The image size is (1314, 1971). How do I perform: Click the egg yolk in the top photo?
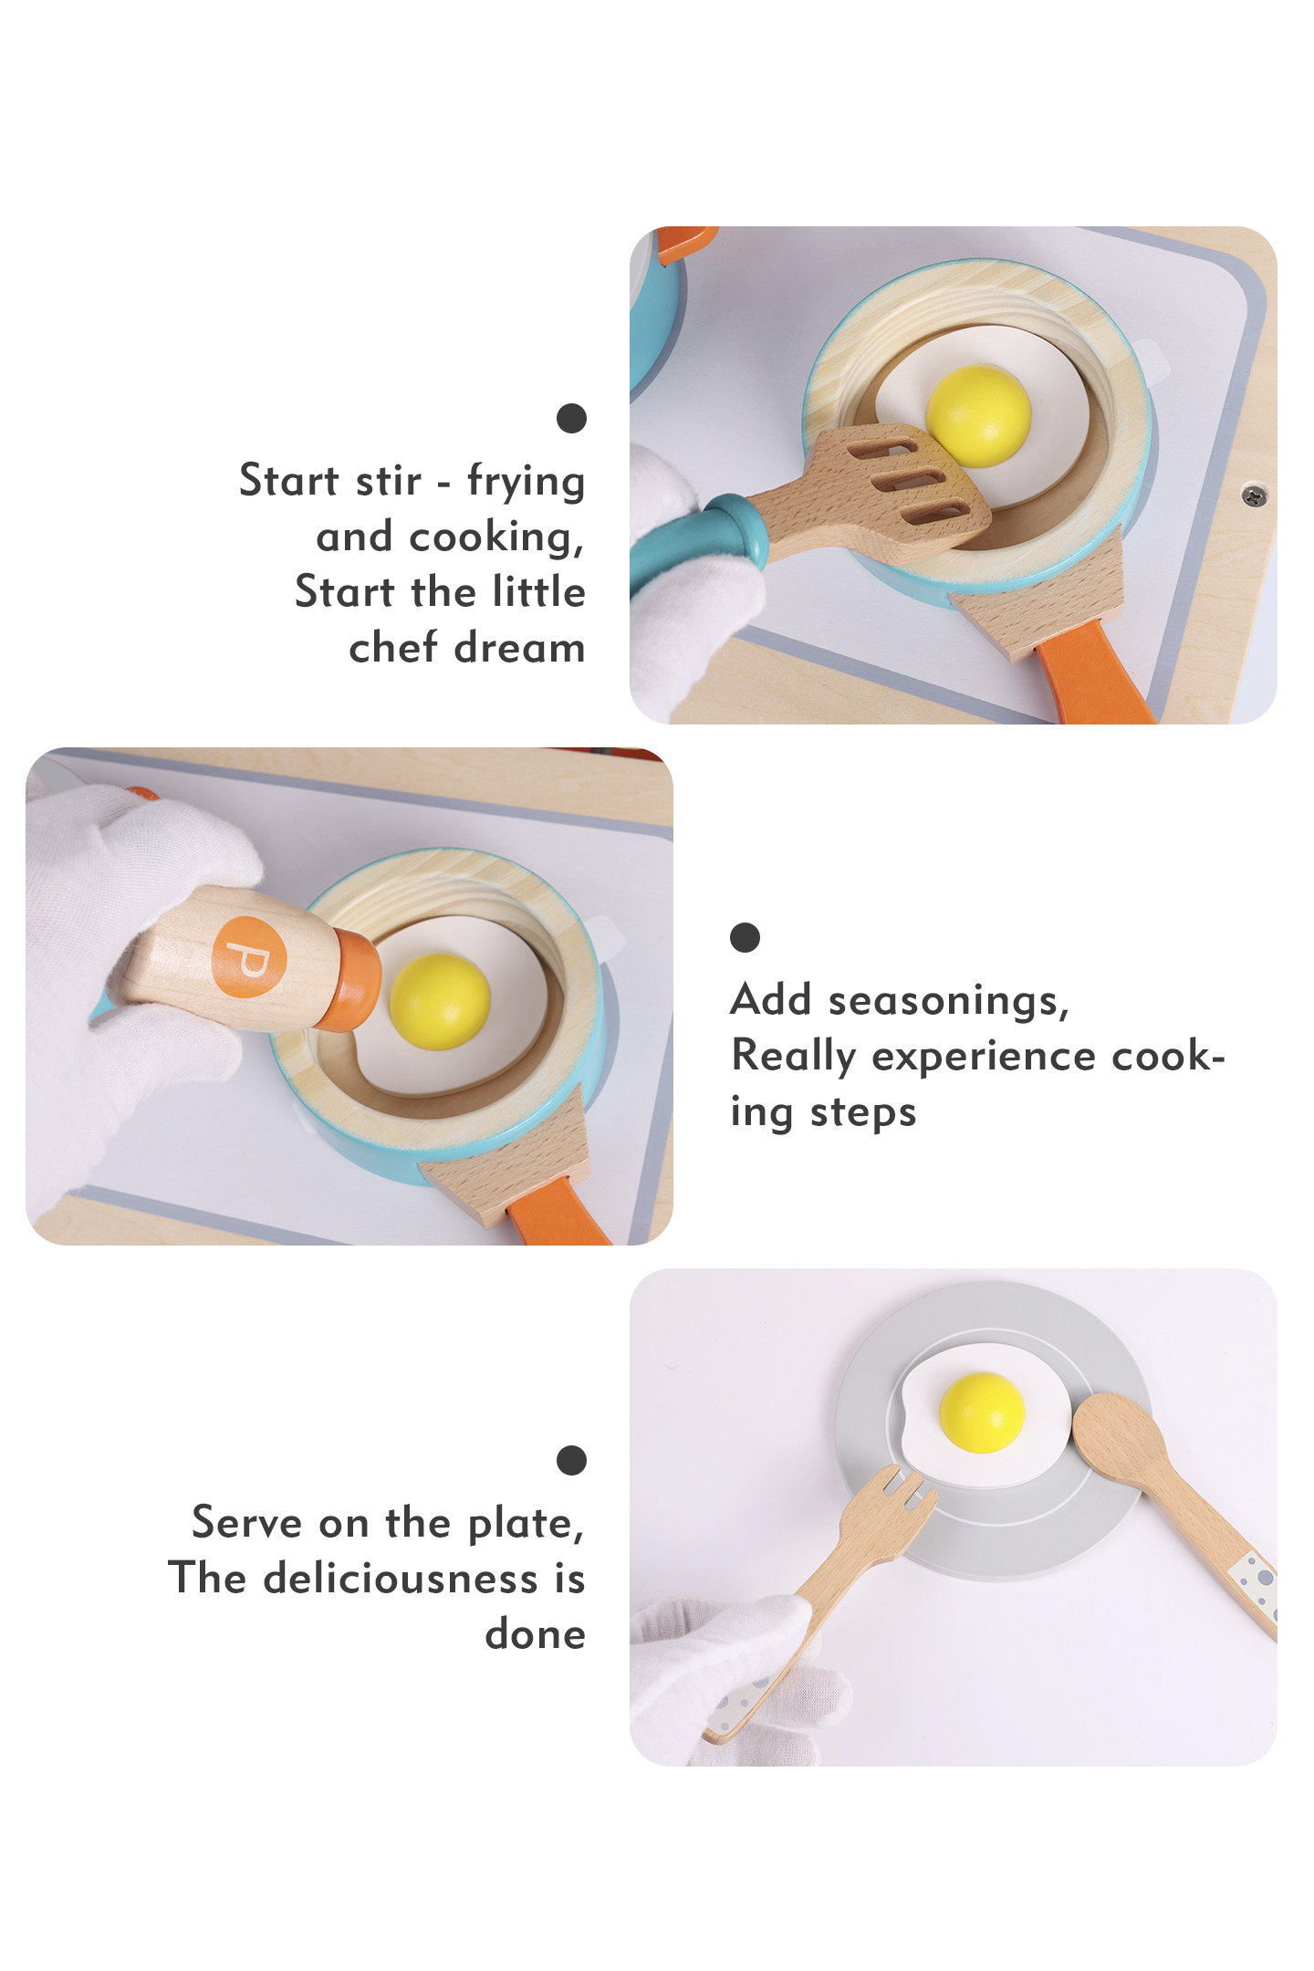tap(978, 415)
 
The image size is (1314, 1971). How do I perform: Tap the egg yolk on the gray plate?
tap(982, 1412)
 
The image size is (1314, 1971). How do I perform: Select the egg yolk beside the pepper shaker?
tap(440, 1001)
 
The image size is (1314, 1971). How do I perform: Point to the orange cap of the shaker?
tap(352, 981)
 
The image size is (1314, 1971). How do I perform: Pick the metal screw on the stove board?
tap(1255, 495)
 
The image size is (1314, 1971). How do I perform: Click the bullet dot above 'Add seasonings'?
tap(745, 937)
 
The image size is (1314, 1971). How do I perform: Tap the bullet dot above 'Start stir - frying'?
tap(571, 418)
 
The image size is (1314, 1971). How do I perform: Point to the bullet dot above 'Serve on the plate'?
tap(571, 1460)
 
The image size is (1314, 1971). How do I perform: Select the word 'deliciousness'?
tap(401, 1578)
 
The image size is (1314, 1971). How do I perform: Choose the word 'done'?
tap(535, 1633)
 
